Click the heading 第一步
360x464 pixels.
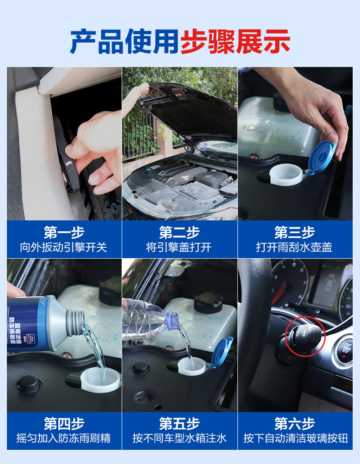pyautogui.click(x=64, y=232)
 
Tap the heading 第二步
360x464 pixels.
pyautogui.click(x=180, y=232)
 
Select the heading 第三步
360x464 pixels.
pyautogui.click(x=294, y=232)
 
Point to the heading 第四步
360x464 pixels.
pyautogui.click(x=64, y=424)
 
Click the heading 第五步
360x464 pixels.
pyautogui.click(x=180, y=424)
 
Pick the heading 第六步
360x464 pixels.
pyautogui.click(x=294, y=424)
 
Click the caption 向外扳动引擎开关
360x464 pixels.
pyautogui.click(x=64, y=247)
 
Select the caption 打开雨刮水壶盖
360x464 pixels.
pyautogui.click(x=294, y=247)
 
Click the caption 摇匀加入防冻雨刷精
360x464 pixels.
pyautogui.click(x=64, y=438)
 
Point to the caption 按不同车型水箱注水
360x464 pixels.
pyautogui.click(x=180, y=438)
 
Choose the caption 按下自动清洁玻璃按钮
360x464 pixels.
pyautogui.click(x=296, y=438)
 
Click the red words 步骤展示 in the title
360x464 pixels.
pyautogui.click(x=235, y=41)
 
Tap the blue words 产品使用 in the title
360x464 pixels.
pyautogui.click(x=125, y=41)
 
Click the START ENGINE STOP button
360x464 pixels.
pyautogui.click(x=345, y=350)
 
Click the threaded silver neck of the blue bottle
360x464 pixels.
pyautogui.click(x=76, y=322)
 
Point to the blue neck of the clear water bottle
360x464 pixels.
pyautogui.click(x=174, y=320)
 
